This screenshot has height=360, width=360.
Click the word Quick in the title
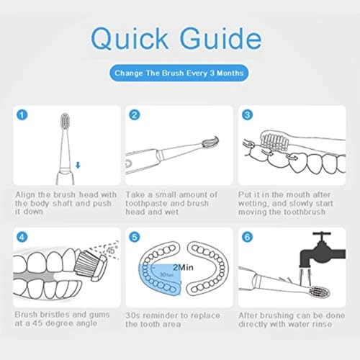130,39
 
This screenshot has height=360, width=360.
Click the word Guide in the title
221,39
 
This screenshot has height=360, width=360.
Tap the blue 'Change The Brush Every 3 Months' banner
179,73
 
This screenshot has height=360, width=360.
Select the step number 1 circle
22,115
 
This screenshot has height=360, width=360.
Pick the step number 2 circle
135,115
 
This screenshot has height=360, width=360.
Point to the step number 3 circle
247,115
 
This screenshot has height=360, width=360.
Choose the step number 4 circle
22,237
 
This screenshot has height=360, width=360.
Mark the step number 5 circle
135,237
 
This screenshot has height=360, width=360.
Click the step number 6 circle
247,237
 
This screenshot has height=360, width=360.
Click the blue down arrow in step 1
78,165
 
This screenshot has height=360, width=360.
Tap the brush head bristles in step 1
65,121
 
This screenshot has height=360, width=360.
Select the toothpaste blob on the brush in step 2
210,142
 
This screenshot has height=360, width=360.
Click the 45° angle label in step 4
112,251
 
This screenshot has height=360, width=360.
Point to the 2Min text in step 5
183,267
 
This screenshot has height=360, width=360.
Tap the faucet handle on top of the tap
322,233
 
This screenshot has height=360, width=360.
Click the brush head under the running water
320,292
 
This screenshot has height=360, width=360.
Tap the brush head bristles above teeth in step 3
274,140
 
